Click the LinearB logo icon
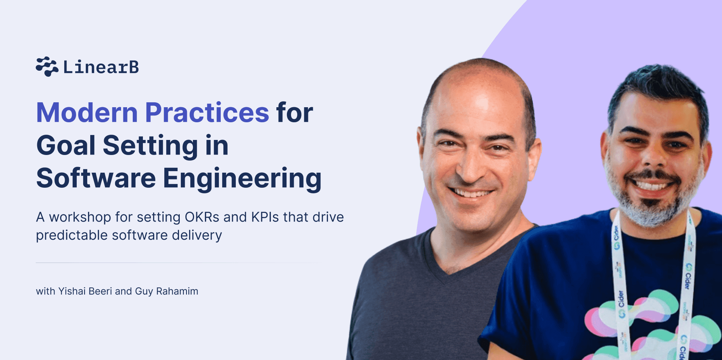tap(47, 67)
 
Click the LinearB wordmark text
tap(101, 67)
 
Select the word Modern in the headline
tap(87, 112)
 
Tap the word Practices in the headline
tap(207, 112)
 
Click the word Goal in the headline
tap(66, 146)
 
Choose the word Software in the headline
tap(96, 178)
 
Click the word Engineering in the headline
tap(242, 179)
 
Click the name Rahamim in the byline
tap(177, 291)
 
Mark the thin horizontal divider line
tap(179, 263)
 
